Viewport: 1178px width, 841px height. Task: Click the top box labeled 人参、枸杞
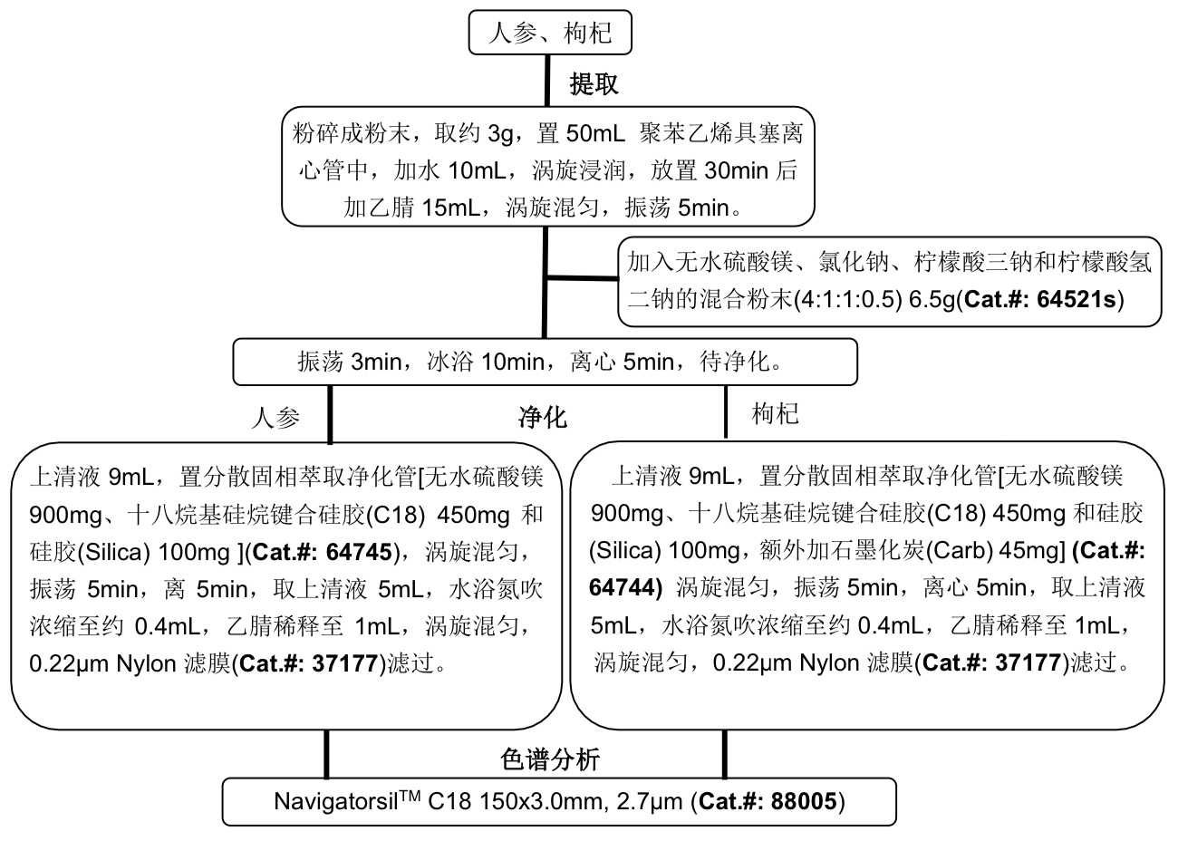(550, 34)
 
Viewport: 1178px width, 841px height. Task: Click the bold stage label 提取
(594, 84)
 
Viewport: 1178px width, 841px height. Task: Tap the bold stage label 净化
(542, 417)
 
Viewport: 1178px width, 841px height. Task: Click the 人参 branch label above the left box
(275, 417)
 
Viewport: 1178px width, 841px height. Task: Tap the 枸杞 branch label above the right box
(776, 414)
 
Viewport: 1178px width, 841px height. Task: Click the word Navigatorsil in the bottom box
(335, 801)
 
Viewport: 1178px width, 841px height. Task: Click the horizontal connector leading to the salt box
(582, 277)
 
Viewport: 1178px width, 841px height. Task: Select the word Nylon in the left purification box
(146, 663)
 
